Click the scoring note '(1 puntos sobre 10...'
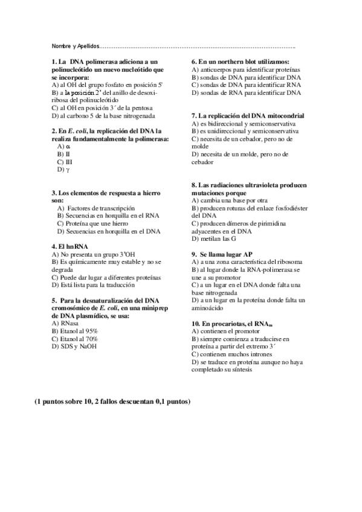(112, 402)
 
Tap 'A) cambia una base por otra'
(230, 200)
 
